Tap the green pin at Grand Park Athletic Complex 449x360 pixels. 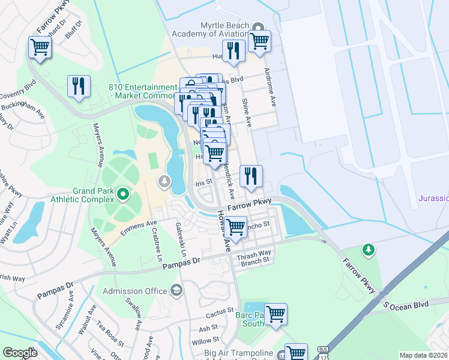click(123, 194)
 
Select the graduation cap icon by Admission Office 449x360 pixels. click(176, 291)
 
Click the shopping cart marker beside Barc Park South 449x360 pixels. click(276, 313)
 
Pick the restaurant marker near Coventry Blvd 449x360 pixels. click(79, 86)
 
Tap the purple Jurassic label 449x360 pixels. click(433, 198)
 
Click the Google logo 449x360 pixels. click(20, 353)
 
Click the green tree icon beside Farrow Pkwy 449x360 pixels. click(368, 249)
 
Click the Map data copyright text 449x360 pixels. click(424, 355)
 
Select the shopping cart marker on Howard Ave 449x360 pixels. click(235, 227)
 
